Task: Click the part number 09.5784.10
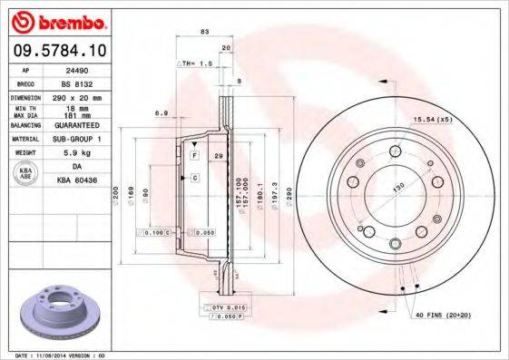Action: point(57,49)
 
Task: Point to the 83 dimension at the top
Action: point(204,33)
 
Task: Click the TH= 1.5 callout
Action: point(199,64)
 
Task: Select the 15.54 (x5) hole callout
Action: point(434,120)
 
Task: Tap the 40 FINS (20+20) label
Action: point(445,315)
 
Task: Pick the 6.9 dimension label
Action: point(162,113)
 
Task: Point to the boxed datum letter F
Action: point(193,157)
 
